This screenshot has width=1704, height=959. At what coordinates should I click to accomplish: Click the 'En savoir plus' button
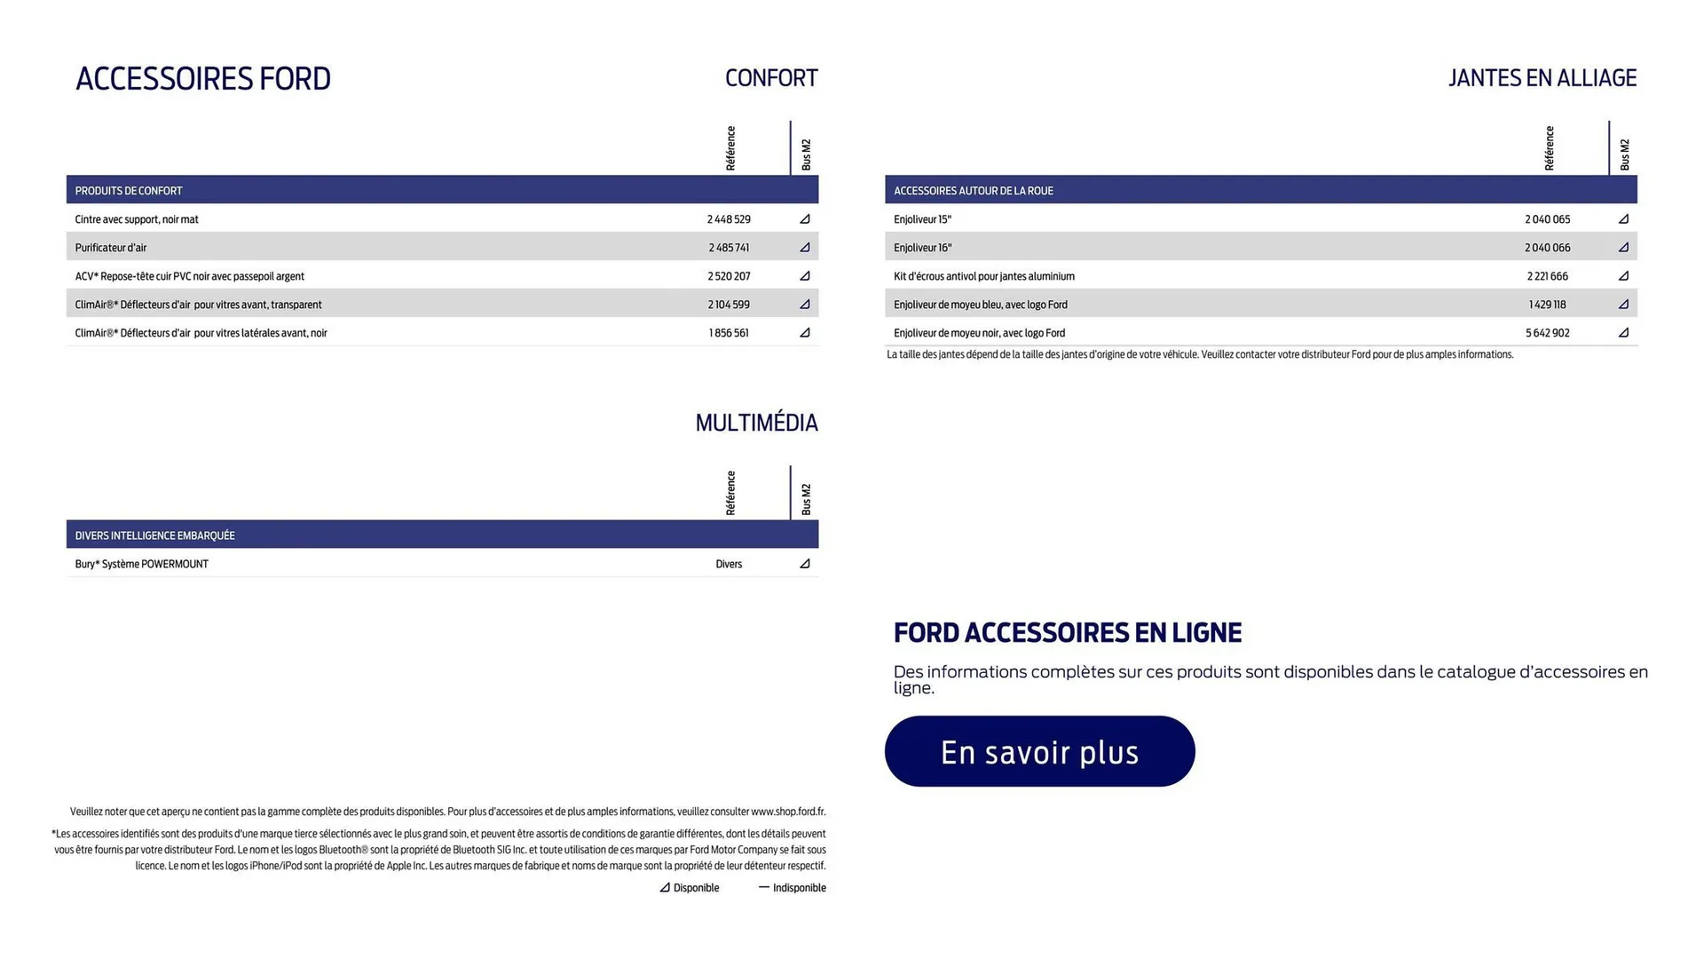[x=1039, y=751]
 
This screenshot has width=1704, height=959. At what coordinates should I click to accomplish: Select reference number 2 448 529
[x=729, y=219]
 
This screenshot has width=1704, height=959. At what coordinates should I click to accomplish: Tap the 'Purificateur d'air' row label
[x=111, y=248]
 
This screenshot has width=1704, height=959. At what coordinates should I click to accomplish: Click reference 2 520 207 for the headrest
[x=729, y=276]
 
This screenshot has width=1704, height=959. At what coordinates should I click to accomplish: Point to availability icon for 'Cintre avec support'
[x=805, y=219]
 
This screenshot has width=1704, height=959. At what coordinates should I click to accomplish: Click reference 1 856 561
[x=729, y=333]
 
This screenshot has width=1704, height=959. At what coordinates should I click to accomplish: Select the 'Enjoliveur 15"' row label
[x=922, y=219]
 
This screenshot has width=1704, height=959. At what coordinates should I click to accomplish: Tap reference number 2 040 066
[x=1547, y=248]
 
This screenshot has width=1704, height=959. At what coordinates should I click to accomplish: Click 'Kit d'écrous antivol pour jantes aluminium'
[x=983, y=276]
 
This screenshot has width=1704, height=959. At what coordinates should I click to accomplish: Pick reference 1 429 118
[x=1547, y=305]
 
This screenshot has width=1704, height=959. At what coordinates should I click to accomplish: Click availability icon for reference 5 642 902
[x=1623, y=333]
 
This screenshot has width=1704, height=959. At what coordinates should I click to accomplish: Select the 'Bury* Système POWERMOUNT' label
[x=142, y=564]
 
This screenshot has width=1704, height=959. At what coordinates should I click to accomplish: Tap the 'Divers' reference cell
[x=729, y=564]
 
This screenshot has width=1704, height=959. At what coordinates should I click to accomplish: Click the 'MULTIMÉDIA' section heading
[x=756, y=423]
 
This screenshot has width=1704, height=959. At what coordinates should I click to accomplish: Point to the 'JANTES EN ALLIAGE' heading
[x=1542, y=78]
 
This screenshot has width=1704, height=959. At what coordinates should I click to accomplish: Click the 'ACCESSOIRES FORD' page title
[x=203, y=79]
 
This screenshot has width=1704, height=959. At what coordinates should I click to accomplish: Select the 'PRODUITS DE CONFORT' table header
[x=129, y=191]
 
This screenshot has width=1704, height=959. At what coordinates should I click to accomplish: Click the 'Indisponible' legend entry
[x=793, y=888]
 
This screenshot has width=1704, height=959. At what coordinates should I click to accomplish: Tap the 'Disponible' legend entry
[x=690, y=888]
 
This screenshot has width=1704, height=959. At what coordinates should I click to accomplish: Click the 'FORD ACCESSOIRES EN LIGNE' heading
[x=1067, y=633]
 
